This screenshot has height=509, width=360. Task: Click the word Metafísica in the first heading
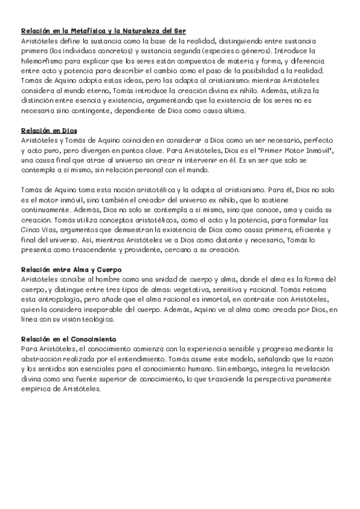tap(83, 31)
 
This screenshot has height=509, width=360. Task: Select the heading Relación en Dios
tap(49, 130)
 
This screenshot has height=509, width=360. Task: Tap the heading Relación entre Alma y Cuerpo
tap(71, 270)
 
